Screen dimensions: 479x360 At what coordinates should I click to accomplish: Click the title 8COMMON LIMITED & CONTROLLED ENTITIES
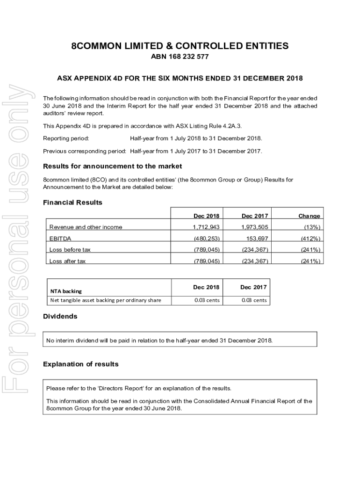180,46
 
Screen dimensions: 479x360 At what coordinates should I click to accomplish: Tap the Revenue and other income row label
86,227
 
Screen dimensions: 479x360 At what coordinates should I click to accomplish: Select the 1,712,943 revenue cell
206,227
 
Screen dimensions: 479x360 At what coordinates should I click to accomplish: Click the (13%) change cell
310,227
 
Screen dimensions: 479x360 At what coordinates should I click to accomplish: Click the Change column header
309,216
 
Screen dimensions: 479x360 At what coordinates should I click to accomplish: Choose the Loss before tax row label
70,250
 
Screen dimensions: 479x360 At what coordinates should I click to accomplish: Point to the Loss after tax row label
68,261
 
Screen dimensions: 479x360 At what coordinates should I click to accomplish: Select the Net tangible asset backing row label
105,300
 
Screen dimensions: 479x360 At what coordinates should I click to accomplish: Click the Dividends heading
60,317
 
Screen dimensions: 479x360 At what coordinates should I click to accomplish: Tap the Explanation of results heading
80,364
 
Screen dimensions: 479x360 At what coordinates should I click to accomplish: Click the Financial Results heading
72,203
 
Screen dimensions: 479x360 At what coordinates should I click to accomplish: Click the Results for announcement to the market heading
112,167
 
